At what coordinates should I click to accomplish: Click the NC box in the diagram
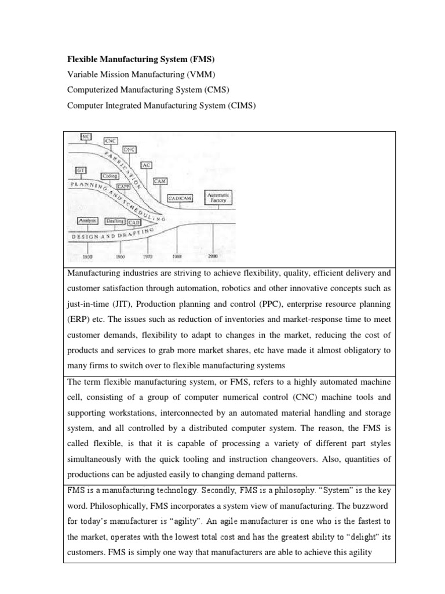86,137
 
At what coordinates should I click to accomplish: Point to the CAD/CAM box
180,198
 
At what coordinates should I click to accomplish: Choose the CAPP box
123,186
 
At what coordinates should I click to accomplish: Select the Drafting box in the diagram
115,221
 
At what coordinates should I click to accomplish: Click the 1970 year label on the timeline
148,255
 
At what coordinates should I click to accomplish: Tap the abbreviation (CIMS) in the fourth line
243,106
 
